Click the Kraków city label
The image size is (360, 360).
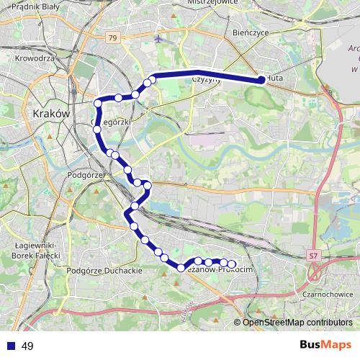coord(50,114)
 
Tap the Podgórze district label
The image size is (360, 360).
coord(86,174)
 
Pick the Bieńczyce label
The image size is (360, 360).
coord(251,33)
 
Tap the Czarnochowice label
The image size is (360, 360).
coord(326,293)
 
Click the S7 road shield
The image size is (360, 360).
coord(312,255)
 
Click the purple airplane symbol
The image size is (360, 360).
coord(158,39)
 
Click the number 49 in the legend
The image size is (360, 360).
coord(27,346)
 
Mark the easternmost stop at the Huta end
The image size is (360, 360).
coord(261,81)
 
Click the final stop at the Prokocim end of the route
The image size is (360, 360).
coord(232,264)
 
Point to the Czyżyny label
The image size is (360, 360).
coord(205,81)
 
